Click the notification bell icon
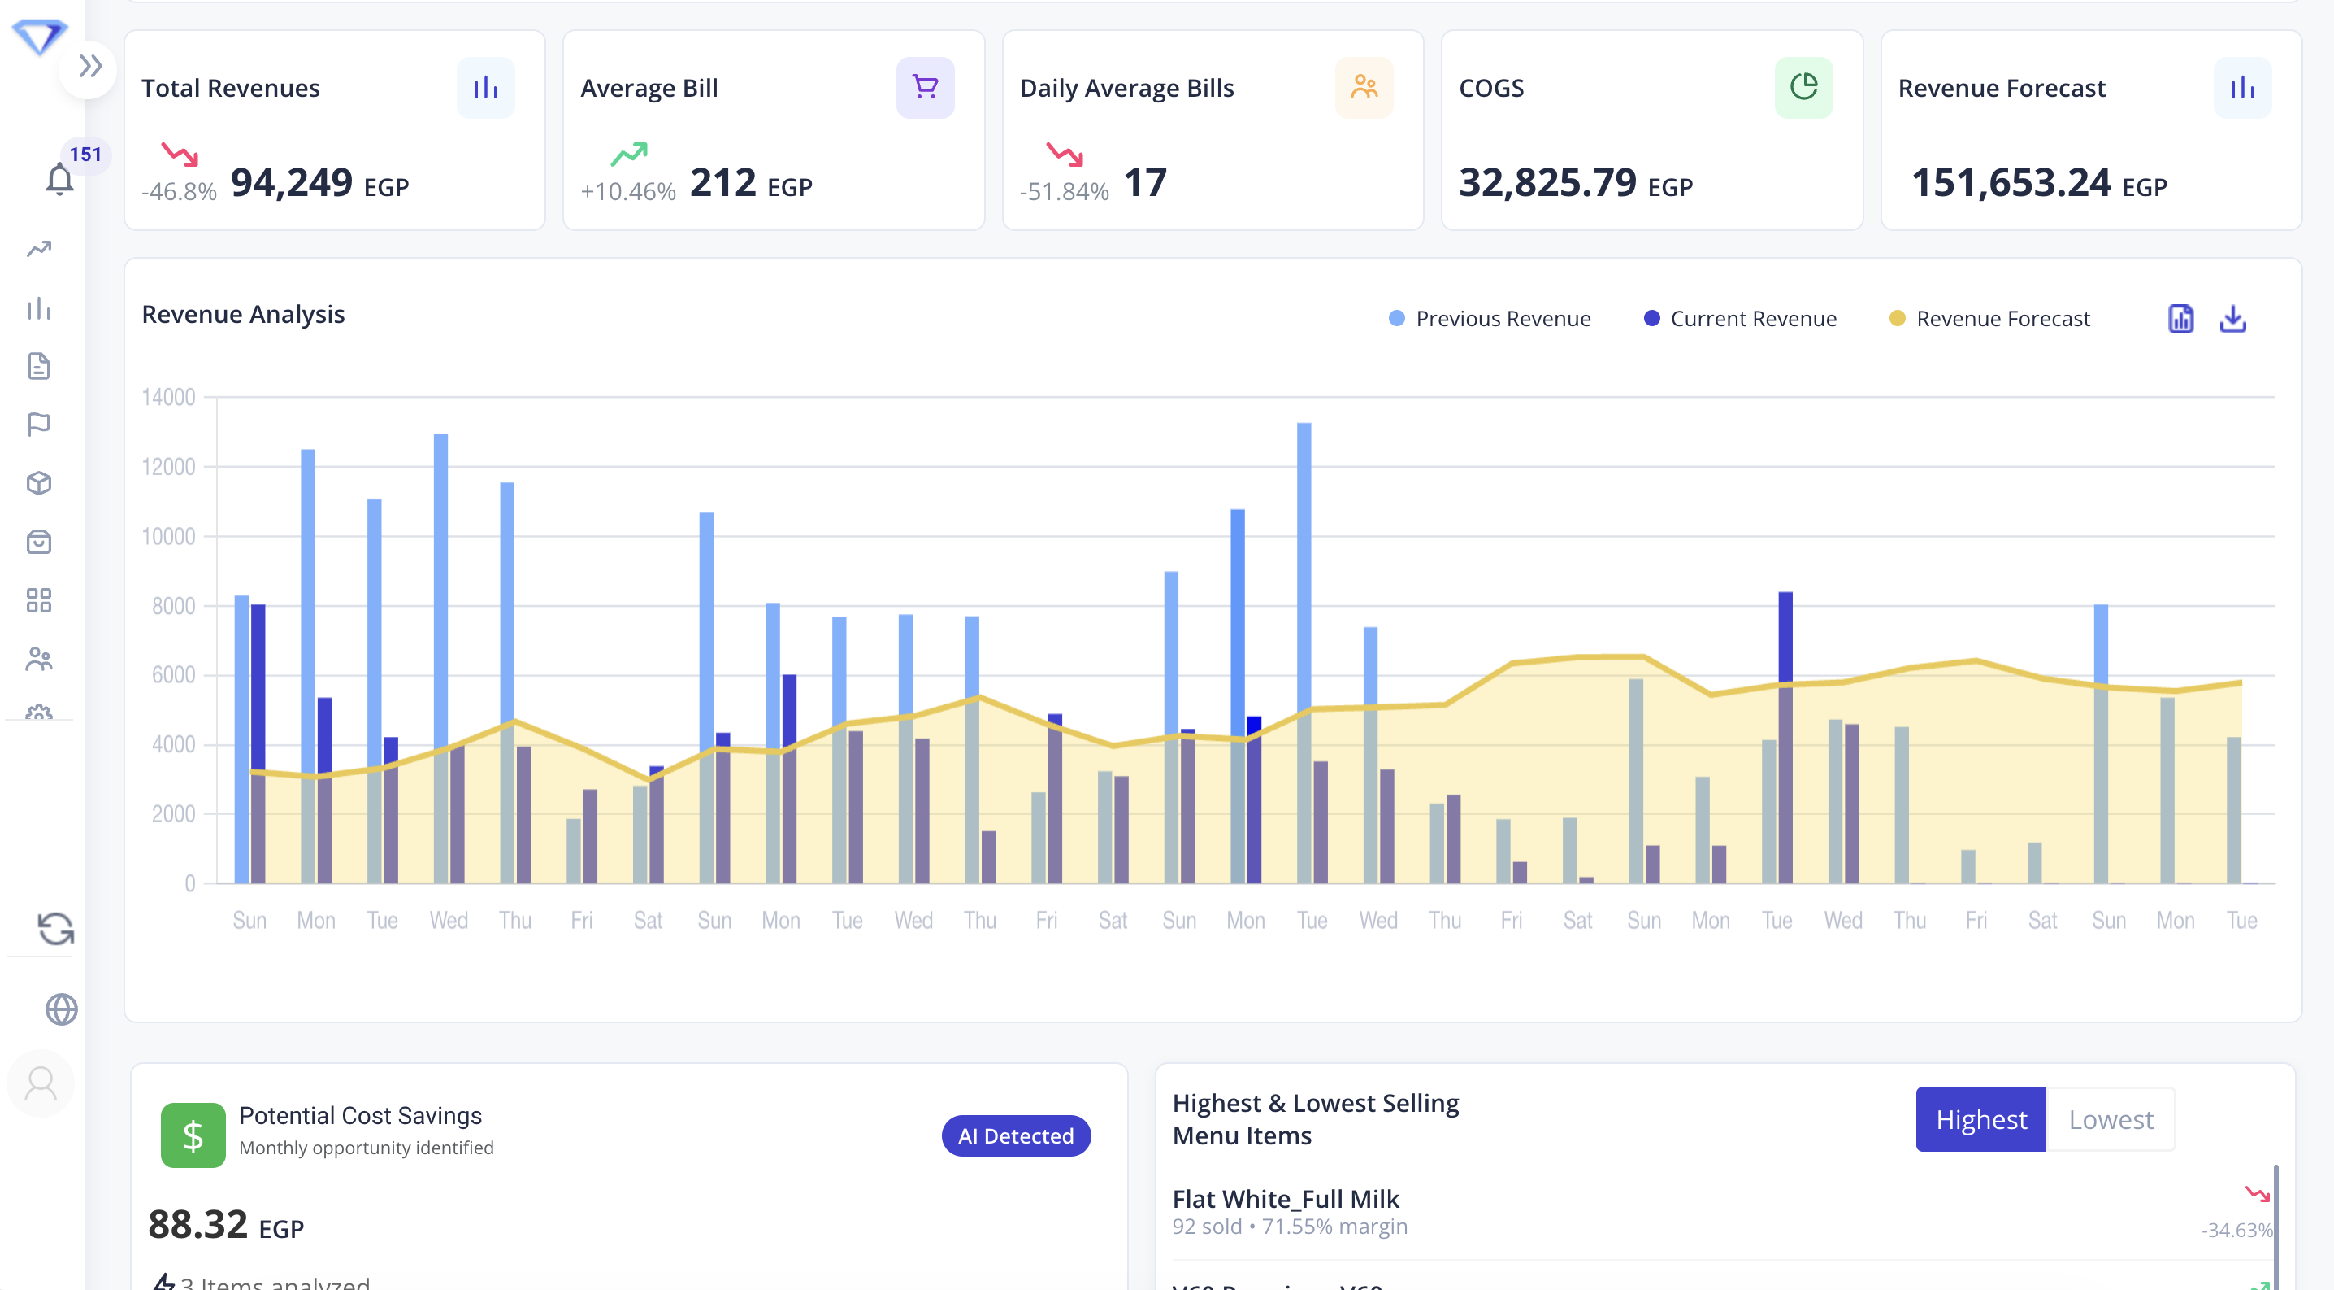click(60, 179)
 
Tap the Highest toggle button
click(1980, 1118)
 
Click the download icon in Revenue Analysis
click(2232, 318)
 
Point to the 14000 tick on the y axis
click(168, 397)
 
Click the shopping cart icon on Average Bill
click(924, 87)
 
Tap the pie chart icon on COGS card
click(1803, 87)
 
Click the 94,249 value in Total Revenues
click(291, 182)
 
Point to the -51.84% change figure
click(1064, 191)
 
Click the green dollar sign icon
click(193, 1135)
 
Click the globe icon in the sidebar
click(61, 1008)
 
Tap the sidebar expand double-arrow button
click(89, 66)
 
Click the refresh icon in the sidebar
click(55, 928)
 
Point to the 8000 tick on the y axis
click(173, 606)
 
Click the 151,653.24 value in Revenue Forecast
click(2011, 182)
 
